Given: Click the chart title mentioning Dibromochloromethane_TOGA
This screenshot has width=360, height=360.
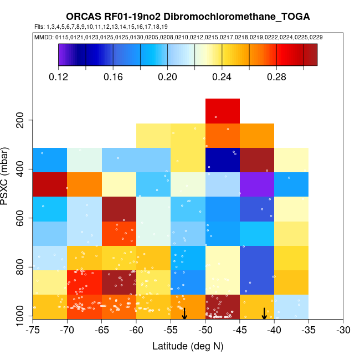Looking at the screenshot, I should (x=188, y=17).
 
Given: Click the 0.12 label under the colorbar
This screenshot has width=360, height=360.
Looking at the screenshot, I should (x=59, y=77).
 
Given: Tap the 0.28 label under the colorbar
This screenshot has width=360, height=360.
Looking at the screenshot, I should (x=276, y=77).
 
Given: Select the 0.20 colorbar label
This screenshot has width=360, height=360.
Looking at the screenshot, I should (x=167, y=77).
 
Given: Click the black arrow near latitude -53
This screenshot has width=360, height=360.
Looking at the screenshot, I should (x=184, y=313).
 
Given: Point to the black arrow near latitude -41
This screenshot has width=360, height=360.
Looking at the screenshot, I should (x=264, y=313).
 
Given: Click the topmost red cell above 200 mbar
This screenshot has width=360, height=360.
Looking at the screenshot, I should (x=223, y=111).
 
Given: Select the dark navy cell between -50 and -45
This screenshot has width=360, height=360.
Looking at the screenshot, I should (x=223, y=160).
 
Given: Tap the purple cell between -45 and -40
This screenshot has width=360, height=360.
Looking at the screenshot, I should (x=257, y=184).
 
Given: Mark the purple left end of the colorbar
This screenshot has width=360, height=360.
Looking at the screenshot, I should (x=62, y=55).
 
